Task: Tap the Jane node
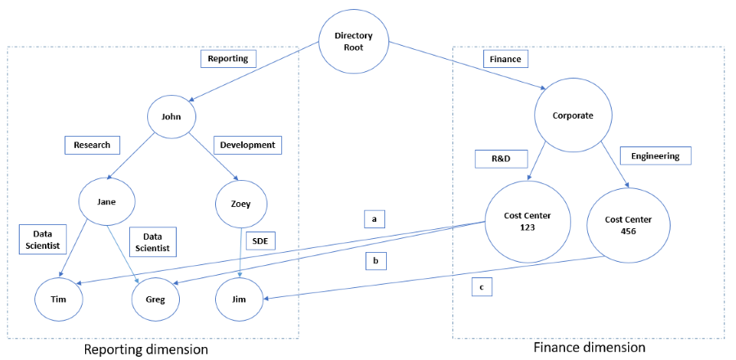(x=107, y=200)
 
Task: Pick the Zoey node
(x=242, y=203)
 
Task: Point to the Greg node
(x=155, y=299)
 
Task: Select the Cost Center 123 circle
(x=527, y=221)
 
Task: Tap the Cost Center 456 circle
(x=629, y=223)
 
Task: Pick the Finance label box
(x=504, y=59)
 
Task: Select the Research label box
(x=92, y=145)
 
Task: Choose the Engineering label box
(x=655, y=155)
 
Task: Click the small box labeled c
(x=481, y=286)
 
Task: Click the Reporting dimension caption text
(x=146, y=349)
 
